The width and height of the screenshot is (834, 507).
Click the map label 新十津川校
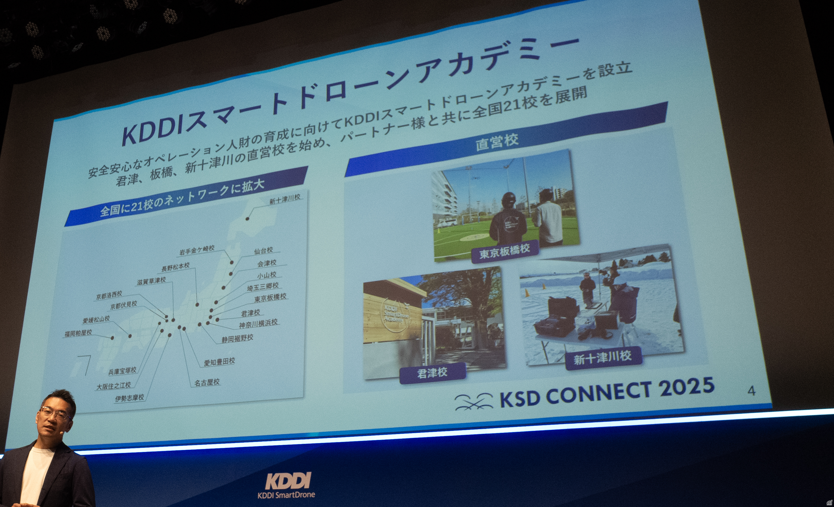coord(285,199)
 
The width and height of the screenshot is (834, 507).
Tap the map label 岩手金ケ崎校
coord(197,250)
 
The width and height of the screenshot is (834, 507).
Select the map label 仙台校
coord(263,251)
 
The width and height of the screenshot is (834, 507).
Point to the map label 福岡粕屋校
coord(78,333)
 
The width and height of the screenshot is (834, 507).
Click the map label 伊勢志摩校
coord(129,398)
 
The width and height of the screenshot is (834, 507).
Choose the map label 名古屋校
coord(207,382)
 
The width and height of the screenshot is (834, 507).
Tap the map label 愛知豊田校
coord(219,362)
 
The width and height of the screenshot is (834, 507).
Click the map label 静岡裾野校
coord(237,338)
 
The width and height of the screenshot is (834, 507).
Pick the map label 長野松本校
coord(175,267)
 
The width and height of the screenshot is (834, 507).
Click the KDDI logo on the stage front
coord(288,481)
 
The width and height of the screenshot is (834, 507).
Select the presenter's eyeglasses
coord(55,413)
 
